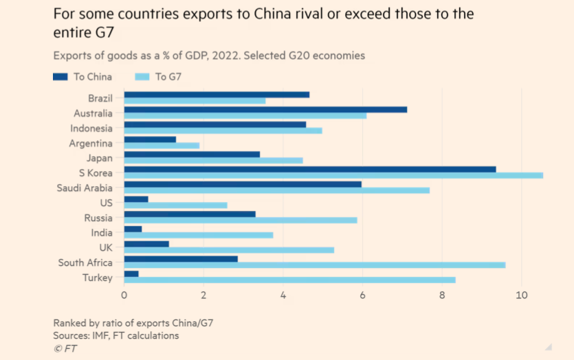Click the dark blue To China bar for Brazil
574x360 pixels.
(x=217, y=95)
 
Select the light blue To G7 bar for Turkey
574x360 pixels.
(x=289, y=280)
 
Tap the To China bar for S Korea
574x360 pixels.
(x=309, y=169)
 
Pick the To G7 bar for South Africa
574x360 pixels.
(x=314, y=265)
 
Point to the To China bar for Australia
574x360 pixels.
(x=265, y=110)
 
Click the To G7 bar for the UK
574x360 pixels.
(x=229, y=250)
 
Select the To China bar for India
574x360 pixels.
(x=133, y=229)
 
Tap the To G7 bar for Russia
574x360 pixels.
(x=241, y=221)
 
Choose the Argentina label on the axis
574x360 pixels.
(x=91, y=144)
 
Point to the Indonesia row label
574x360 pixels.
(x=91, y=128)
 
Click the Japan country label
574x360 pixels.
(x=100, y=158)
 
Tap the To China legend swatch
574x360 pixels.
(x=60, y=77)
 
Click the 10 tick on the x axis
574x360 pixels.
(x=521, y=295)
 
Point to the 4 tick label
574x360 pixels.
(x=283, y=295)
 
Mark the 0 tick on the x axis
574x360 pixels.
(x=124, y=295)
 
